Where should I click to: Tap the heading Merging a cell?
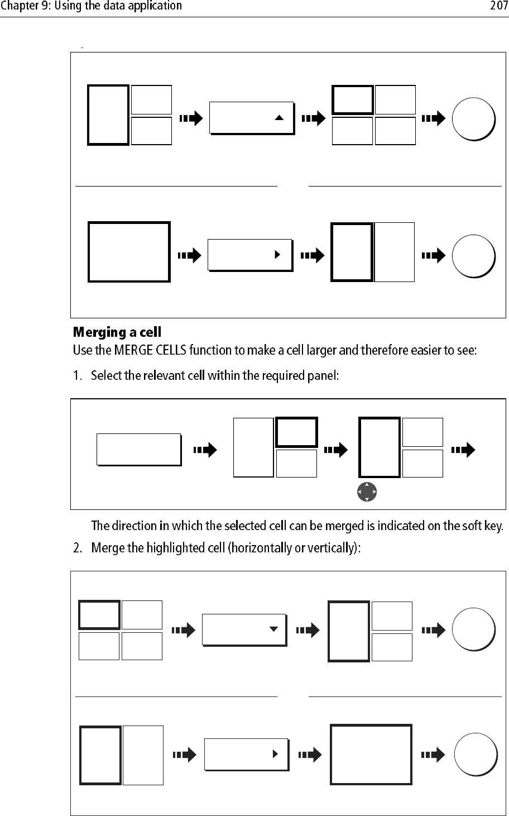(x=117, y=333)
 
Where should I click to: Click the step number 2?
(x=77, y=548)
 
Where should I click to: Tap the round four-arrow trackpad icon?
(x=367, y=492)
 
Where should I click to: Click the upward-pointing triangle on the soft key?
(x=280, y=118)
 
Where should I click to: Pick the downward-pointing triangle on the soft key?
(x=273, y=629)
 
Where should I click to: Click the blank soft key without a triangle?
(x=139, y=449)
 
